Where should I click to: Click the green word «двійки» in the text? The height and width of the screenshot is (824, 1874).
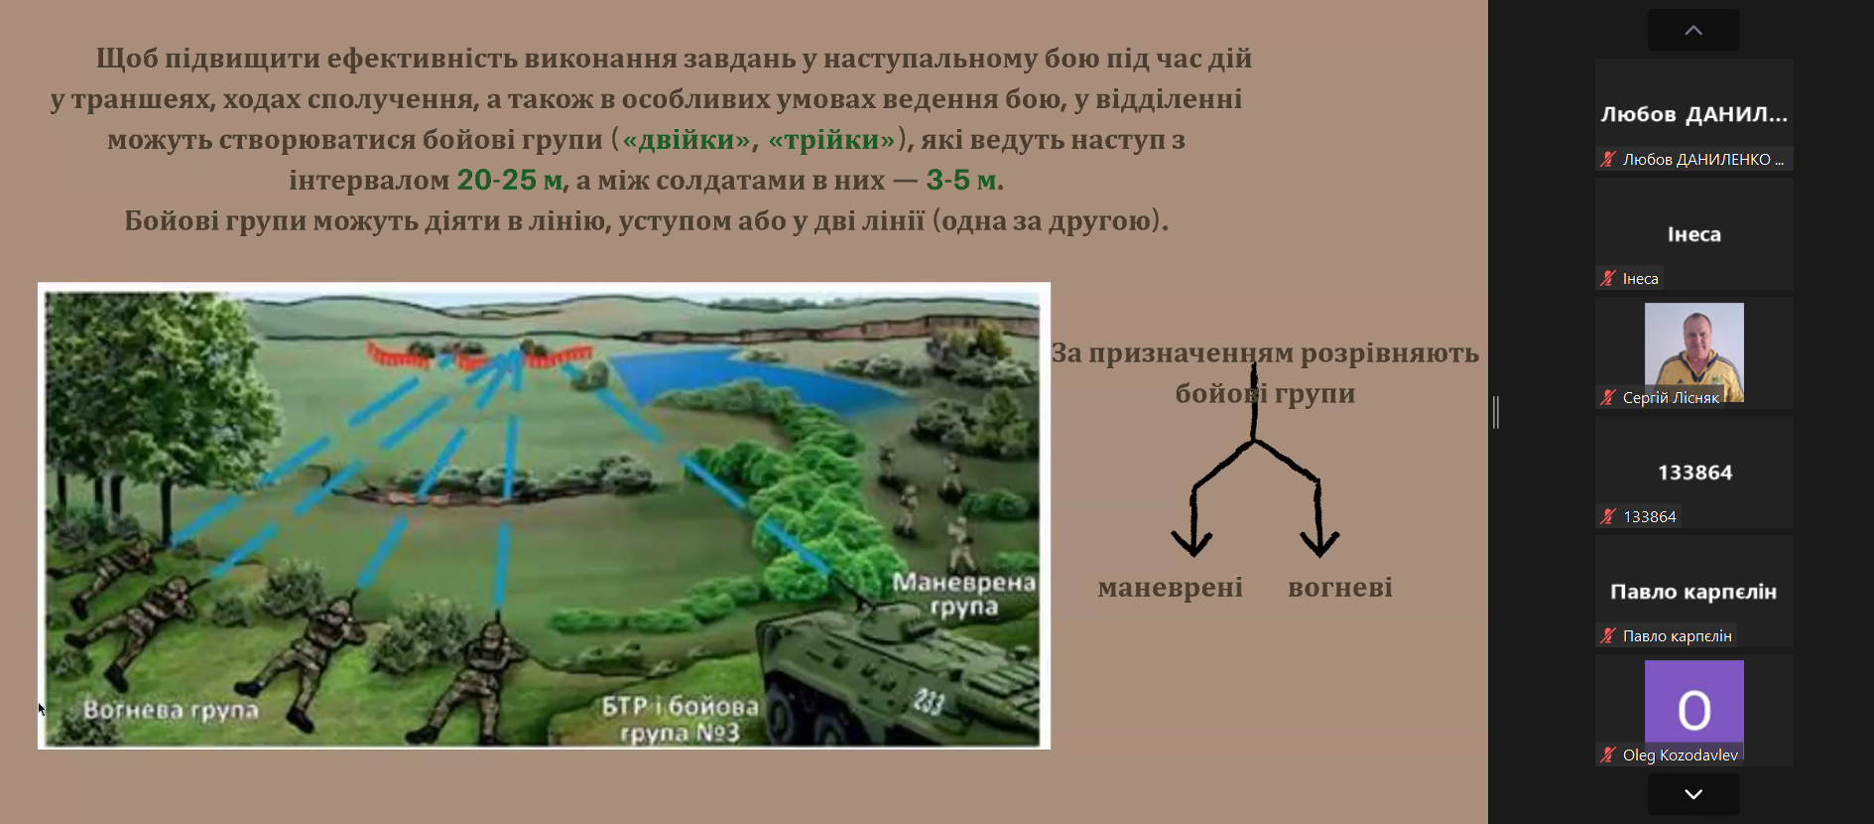coord(687,140)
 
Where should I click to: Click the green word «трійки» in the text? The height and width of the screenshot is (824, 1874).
coord(831,140)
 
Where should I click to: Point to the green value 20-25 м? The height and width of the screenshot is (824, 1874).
coord(510,180)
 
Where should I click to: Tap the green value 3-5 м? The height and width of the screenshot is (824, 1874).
coord(961,180)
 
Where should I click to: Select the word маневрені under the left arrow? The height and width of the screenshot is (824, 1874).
coord(1170,588)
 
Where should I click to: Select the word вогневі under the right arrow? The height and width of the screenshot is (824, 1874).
coord(1340,588)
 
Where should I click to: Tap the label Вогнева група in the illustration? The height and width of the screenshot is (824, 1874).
coord(171,711)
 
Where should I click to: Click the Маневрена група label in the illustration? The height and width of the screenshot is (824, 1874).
coord(963,594)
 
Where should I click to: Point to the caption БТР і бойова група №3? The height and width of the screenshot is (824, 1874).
coord(681,720)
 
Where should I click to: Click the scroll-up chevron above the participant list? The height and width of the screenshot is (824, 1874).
coord(1693,31)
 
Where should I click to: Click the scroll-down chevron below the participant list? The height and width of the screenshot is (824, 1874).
coord(1693,794)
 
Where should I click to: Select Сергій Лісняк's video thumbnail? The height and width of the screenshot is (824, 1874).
coord(1693,352)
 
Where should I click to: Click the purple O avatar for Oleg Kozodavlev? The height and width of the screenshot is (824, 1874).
coord(1693,710)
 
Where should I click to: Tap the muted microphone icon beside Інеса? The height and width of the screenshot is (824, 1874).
coord(1608,279)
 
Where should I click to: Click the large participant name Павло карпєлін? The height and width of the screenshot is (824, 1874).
coord(1693,592)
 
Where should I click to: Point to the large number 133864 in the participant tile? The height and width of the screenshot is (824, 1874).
coord(1694,473)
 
